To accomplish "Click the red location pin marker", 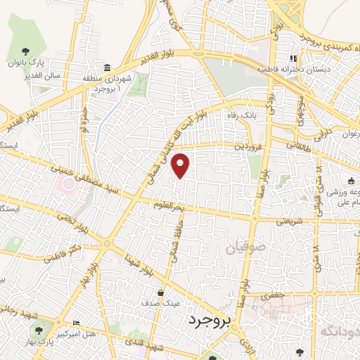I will [x=181, y=165].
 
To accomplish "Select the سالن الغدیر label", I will [x=56, y=75].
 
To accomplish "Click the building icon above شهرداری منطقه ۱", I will [x=106, y=67].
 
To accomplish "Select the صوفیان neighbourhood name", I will [x=247, y=247].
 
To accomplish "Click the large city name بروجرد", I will [x=210, y=321].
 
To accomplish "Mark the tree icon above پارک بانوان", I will [x=25, y=51].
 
